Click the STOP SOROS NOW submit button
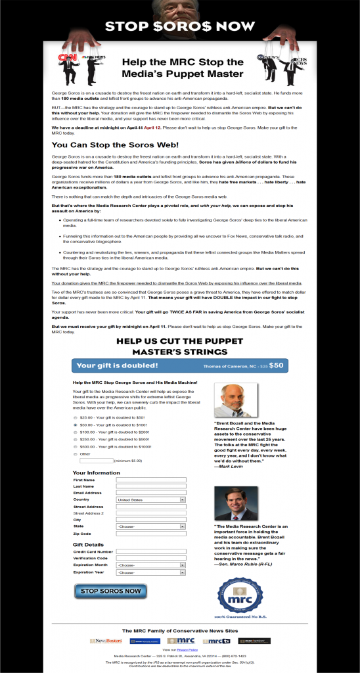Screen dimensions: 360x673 click(x=110, y=591)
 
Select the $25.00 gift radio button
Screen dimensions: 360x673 click(x=75, y=417)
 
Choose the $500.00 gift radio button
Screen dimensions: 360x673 click(x=75, y=446)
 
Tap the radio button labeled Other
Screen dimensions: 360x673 click(x=75, y=453)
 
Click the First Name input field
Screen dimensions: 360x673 click(x=150, y=480)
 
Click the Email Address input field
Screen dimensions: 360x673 click(x=150, y=493)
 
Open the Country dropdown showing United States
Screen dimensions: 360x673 click(x=150, y=499)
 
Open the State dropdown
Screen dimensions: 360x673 click(x=150, y=526)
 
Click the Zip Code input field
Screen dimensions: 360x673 click(x=150, y=534)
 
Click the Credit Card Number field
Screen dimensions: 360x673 click(x=150, y=551)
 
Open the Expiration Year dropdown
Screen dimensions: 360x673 click(x=150, y=572)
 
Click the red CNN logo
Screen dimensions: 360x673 click(x=67, y=57)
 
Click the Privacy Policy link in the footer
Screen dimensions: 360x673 click(x=185, y=649)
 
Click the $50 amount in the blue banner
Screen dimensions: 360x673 click(x=277, y=365)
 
